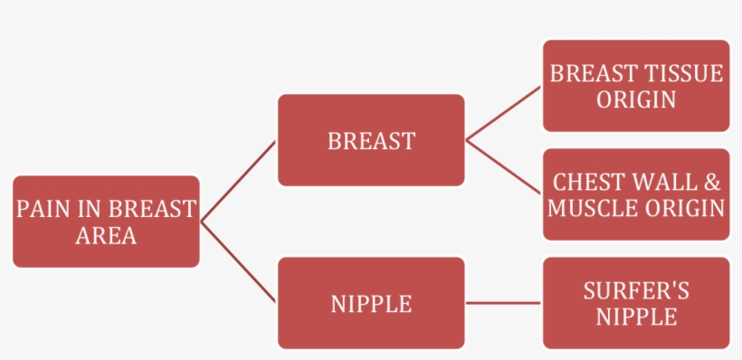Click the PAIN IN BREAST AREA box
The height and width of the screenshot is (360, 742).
106,222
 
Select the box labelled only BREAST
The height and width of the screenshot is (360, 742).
371,140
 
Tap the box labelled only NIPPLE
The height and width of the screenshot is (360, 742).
371,303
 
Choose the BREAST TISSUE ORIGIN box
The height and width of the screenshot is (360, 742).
636,86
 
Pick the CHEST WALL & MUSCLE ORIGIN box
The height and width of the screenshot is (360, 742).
636,194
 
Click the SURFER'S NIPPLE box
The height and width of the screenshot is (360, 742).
636,303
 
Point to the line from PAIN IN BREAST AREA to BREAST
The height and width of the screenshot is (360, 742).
238,181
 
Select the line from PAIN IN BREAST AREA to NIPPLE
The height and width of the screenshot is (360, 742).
238,262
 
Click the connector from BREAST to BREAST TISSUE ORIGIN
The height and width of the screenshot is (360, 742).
503,113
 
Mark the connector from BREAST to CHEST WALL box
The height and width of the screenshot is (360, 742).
503,167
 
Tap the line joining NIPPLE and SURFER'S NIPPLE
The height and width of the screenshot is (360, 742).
503,303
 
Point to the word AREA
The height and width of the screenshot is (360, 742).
106,236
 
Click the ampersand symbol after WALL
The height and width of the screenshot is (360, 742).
713,182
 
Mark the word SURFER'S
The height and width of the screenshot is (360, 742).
636,290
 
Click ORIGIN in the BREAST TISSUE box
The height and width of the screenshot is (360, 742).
636,99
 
